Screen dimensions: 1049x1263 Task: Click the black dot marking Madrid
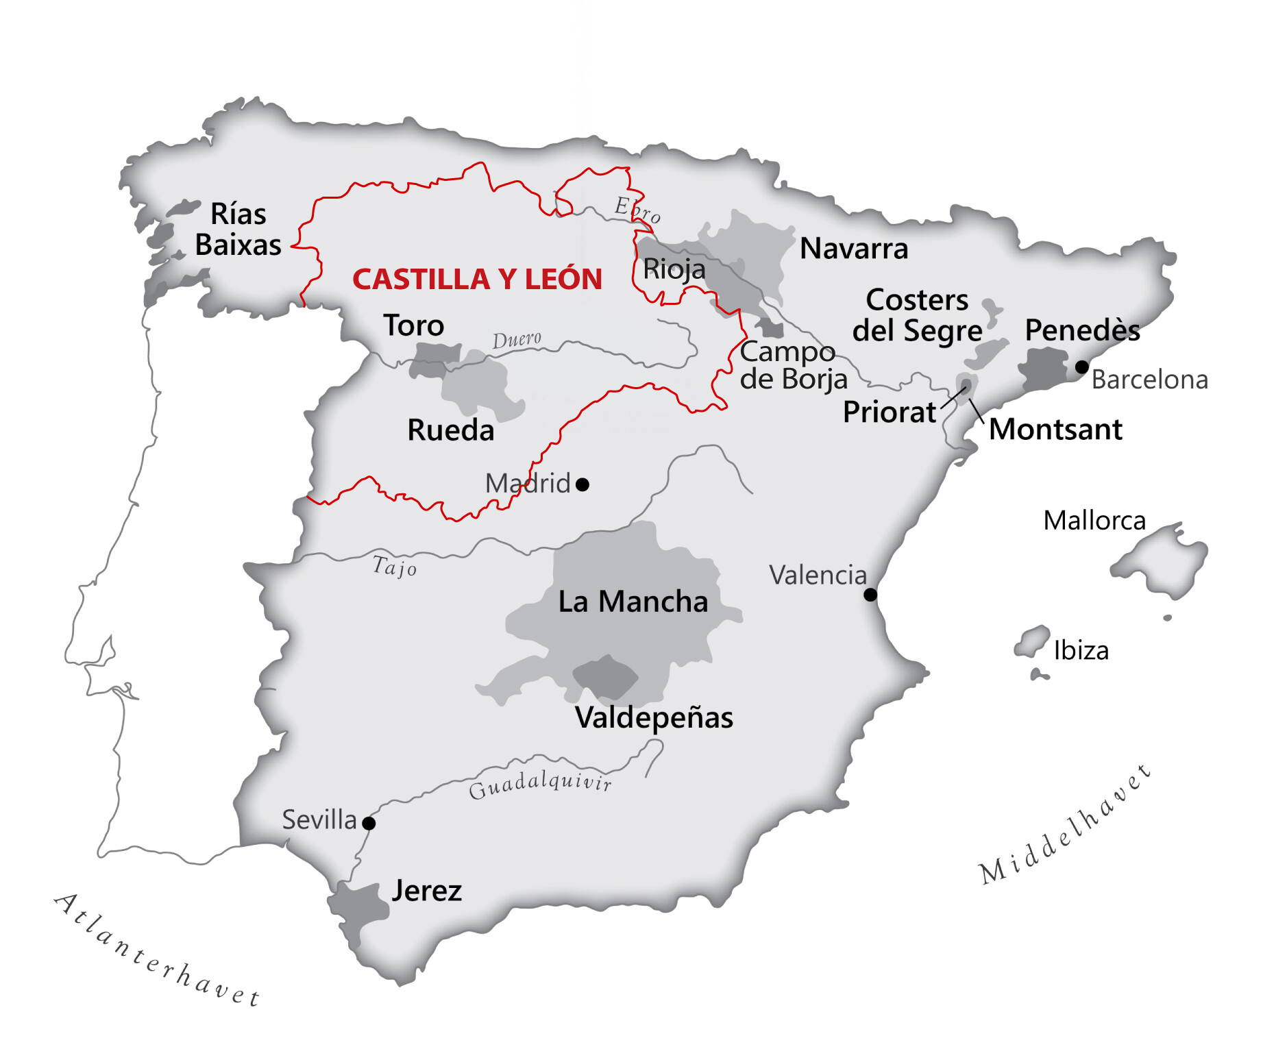[x=583, y=484]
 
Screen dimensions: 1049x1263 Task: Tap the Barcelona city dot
[x=1081, y=367]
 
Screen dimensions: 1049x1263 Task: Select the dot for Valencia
[x=870, y=594]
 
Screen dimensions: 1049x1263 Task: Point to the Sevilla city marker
[x=369, y=823]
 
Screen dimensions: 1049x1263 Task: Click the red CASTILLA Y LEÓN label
[x=477, y=279]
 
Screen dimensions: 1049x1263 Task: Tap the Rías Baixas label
[x=238, y=230]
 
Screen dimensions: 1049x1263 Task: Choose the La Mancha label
[x=633, y=602]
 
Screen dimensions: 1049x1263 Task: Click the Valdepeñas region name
[x=654, y=717]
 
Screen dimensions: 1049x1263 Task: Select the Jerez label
[x=426, y=890]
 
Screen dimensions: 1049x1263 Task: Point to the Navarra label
[x=854, y=248]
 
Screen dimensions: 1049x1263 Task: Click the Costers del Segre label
[x=917, y=315]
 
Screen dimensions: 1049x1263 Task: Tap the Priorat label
[x=889, y=412]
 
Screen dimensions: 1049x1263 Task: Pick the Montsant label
[x=1055, y=429]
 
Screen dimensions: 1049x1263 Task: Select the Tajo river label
[x=394, y=567]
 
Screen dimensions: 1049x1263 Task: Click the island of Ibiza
[x=1032, y=641]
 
